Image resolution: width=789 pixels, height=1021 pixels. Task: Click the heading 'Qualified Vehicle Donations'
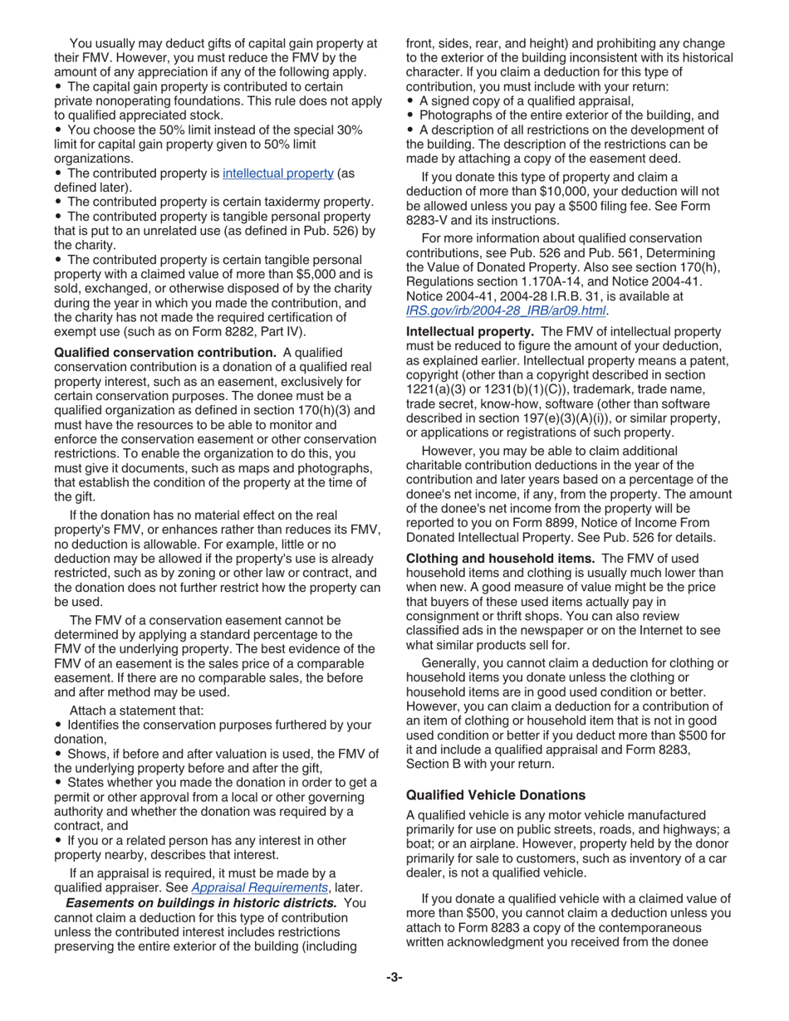pos(495,794)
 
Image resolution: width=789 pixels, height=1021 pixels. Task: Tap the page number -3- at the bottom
pos(394,977)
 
